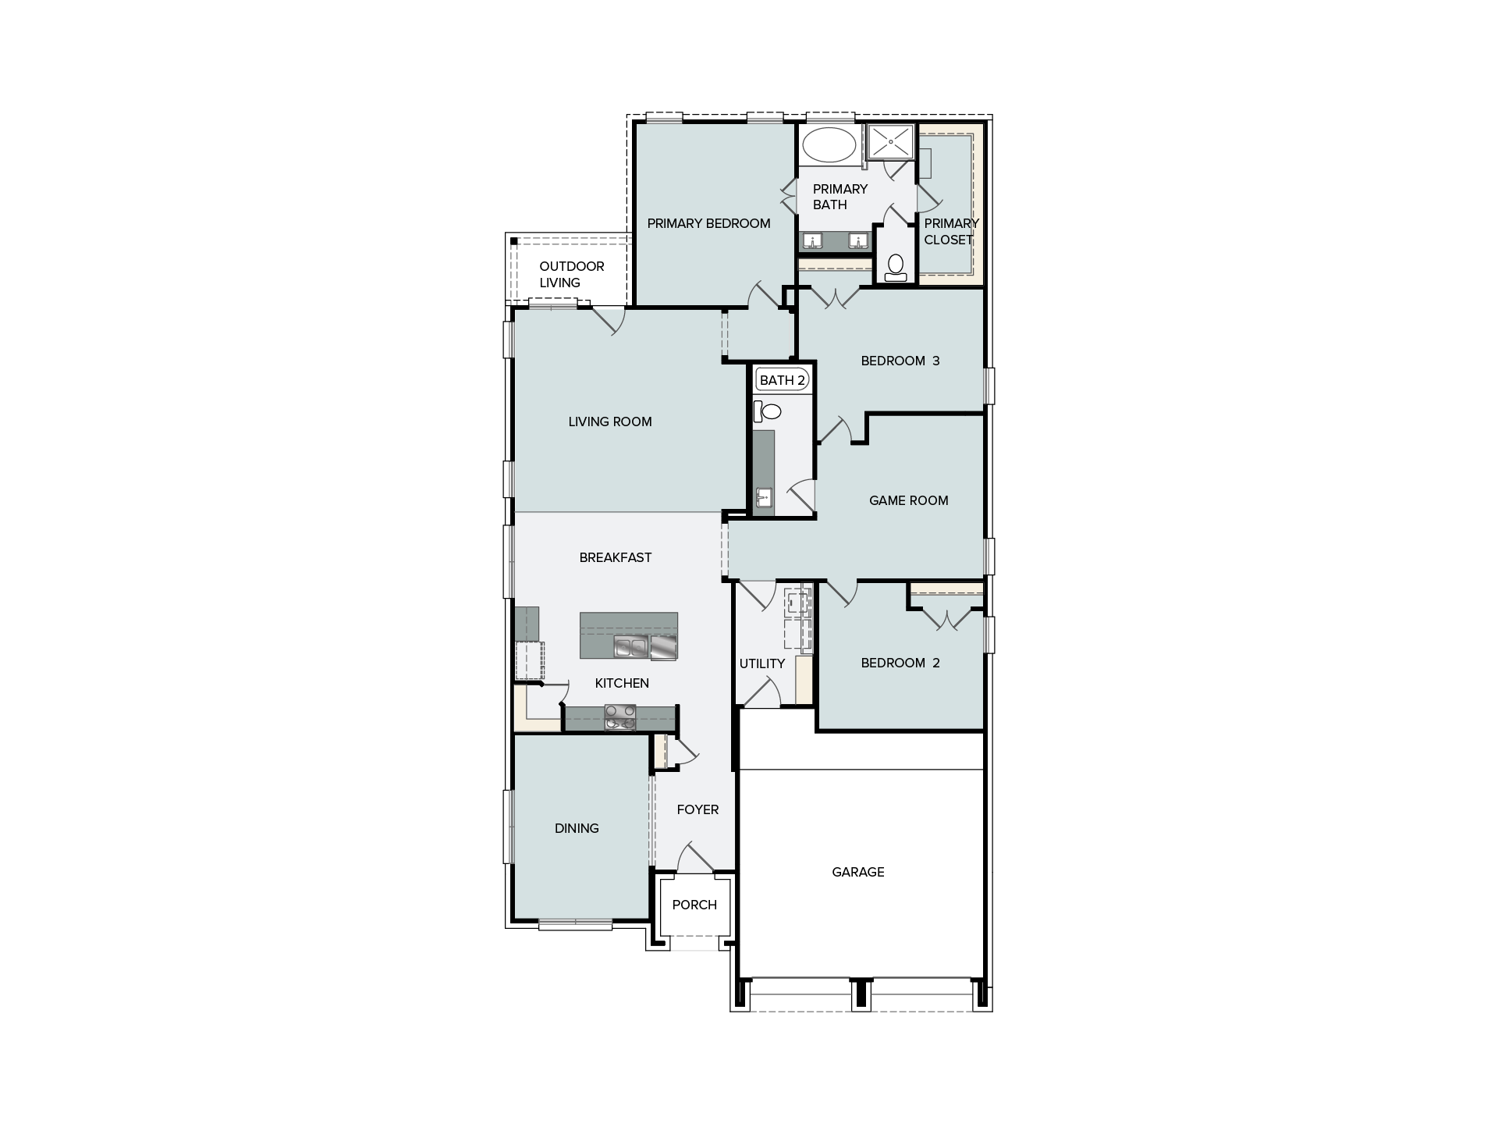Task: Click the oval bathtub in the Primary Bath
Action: [829, 145]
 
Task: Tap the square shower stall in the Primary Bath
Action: [890, 141]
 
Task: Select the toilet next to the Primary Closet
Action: [896, 268]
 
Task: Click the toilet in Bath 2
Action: [766, 411]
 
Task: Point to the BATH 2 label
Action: [782, 380]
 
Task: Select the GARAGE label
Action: [858, 872]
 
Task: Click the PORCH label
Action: [694, 905]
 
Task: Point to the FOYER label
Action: [698, 809]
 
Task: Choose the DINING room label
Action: [577, 828]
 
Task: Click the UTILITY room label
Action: [762, 663]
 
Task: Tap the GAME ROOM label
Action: [909, 500]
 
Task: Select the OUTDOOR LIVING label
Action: [572, 274]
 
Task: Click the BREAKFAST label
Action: [616, 557]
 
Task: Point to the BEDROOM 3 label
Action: [900, 361]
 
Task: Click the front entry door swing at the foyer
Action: [694, 857]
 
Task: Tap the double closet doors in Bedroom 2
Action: [947, 620]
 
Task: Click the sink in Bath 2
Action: [764, 497]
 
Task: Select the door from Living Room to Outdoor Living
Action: [609, 321]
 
